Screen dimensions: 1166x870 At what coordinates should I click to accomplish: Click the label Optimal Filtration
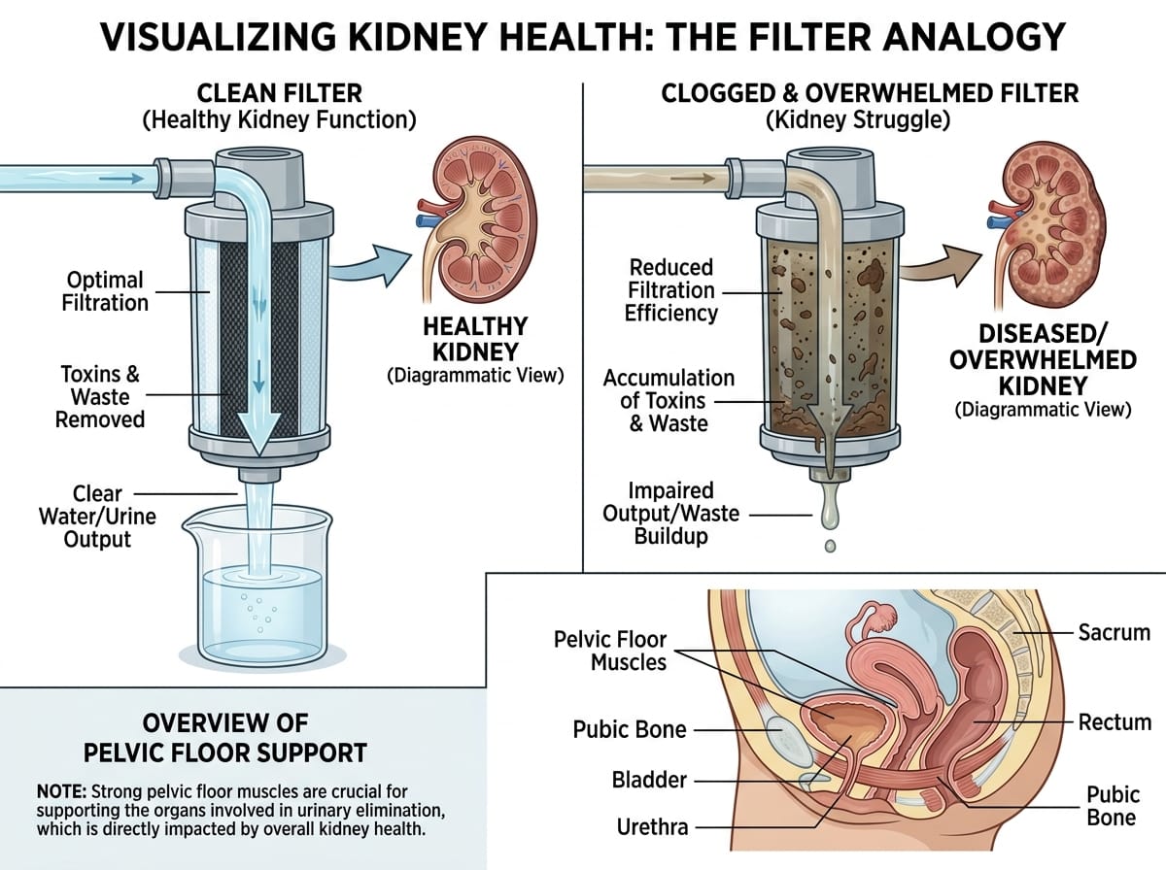pos(105,291)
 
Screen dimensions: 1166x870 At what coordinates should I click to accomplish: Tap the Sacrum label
pos(1114,633)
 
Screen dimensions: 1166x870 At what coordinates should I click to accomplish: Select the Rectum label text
pos(1115,722)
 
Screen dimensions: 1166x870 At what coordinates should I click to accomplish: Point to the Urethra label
pos(652,827)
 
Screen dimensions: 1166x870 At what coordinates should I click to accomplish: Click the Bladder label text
pos(649,781)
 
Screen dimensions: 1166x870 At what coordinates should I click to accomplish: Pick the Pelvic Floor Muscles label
pos(610,651)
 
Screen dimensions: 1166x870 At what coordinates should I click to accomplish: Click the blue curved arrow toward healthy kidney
pos(372,264)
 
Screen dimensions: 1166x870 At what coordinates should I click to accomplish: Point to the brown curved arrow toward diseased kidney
pos(942,265)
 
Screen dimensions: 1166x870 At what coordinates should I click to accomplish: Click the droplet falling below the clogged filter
pos(830,546)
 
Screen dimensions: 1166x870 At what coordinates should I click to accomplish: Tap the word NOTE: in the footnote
pos(61,792)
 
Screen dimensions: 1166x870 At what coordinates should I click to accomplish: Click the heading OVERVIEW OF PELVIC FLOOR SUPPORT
pos(225,738)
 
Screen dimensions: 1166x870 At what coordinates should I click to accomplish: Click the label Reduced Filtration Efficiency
pos(670,290)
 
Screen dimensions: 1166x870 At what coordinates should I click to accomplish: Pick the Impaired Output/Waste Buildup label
pos(670,514)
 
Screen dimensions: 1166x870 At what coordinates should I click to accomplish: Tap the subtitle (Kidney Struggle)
pos(857,120)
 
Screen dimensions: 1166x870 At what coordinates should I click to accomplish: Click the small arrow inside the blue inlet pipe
pos(121,179)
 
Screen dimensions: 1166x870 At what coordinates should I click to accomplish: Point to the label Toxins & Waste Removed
pos(100,397)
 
